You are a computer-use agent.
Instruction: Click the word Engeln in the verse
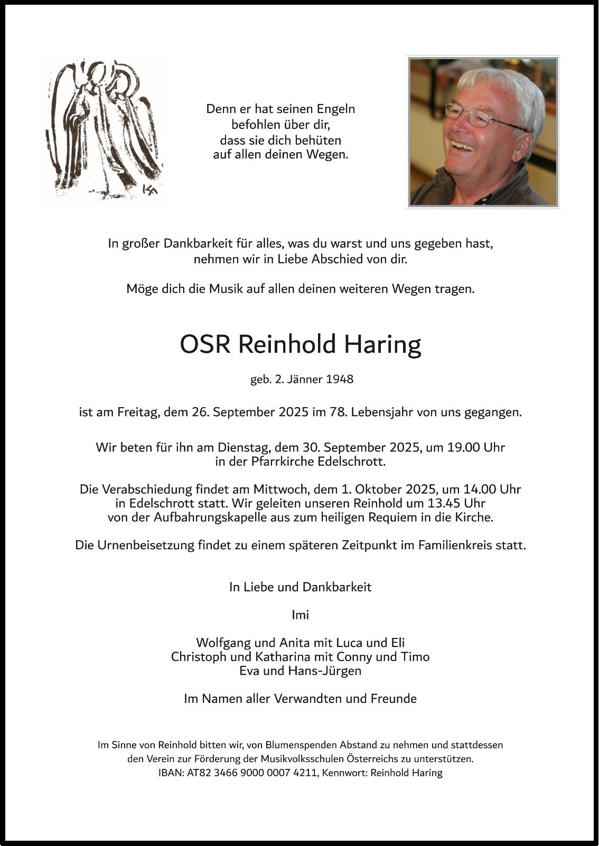click(x=336, y=109)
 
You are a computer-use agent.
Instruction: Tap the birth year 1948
click(x=340, y=379)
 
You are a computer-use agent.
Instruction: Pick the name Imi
click(x=300, y=615)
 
